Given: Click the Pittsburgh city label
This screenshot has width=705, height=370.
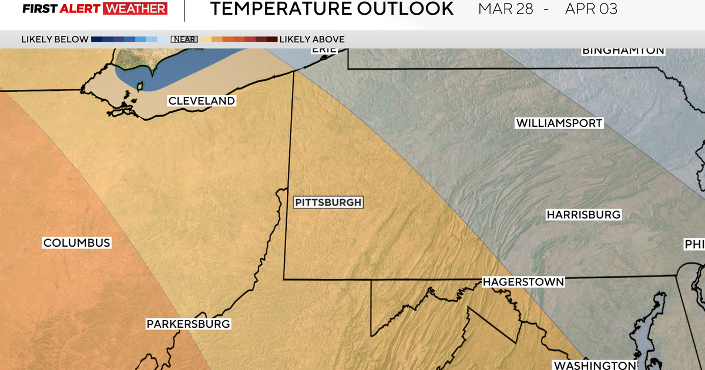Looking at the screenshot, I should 328,202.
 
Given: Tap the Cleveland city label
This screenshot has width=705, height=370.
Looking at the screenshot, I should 202,101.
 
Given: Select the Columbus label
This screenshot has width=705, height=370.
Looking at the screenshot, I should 76,243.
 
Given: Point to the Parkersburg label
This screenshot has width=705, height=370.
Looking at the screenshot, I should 188,324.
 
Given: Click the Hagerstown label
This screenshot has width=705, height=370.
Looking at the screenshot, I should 523,282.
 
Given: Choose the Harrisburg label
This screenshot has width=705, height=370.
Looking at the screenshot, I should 583,215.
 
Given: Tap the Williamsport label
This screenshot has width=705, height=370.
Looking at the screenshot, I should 559,123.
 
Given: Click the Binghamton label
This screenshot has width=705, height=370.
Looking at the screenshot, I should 623,51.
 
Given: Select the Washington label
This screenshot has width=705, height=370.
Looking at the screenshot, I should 595,365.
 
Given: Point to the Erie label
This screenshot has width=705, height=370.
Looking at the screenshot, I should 324,50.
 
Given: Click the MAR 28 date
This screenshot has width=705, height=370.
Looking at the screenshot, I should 505,9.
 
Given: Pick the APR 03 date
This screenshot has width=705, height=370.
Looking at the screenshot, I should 590,9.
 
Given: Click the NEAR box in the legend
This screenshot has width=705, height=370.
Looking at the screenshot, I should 184,39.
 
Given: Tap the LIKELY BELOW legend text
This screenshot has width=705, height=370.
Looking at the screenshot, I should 55,39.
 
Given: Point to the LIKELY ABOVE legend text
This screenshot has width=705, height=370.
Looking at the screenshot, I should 312,39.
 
